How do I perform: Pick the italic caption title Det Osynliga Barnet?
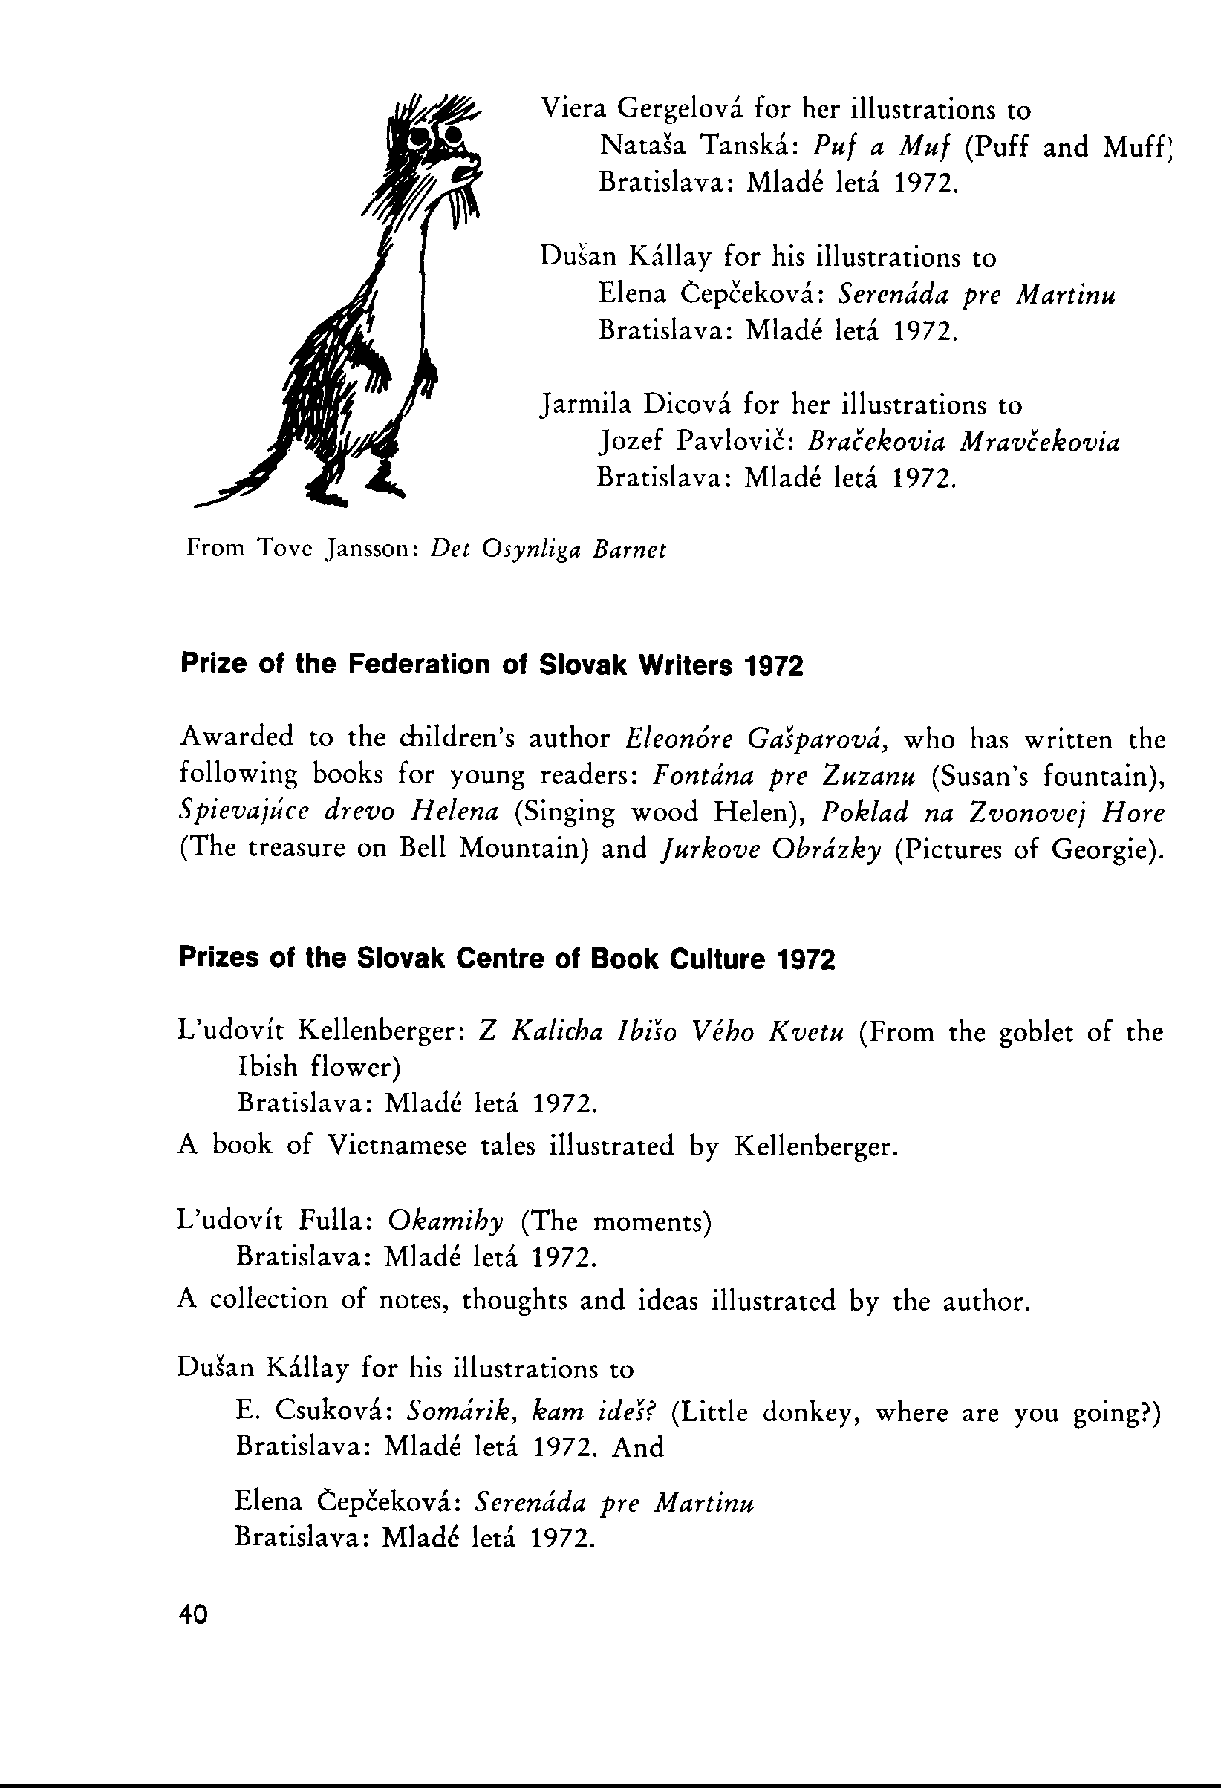(548, 549)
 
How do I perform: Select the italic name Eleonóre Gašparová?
(758, 740)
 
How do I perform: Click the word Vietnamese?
(397, 1146)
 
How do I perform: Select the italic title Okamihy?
(446, 1221)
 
